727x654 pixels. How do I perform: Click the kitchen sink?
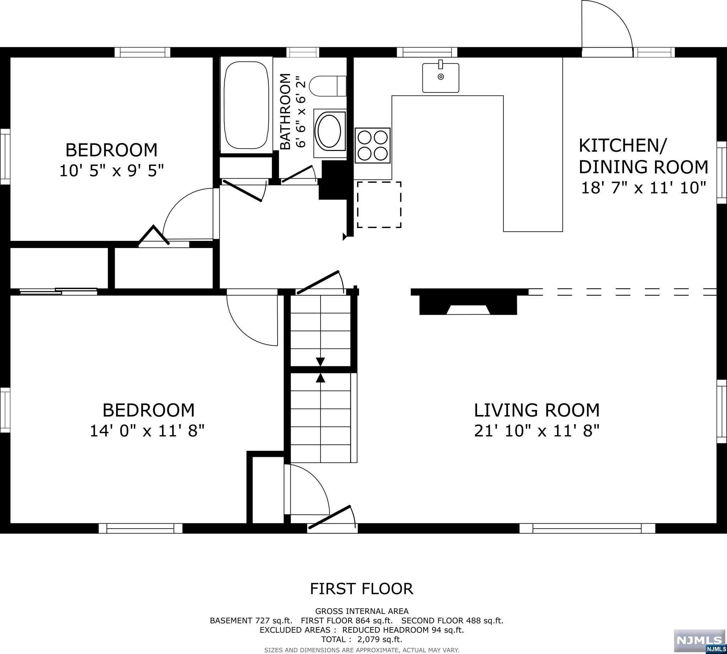pyautogui.click(x=441, y=77)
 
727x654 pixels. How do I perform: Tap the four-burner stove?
pyautogui.click(x=373, y=146)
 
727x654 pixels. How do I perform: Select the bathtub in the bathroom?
pyautogui.click(x=246, y=105)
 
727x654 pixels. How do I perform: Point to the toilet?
pyautogui.click(x=327, y=86)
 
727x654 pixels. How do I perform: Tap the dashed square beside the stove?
pyautogui.click(x=379, y=205)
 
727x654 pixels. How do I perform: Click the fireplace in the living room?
pyautogui.click(x=469, y=301)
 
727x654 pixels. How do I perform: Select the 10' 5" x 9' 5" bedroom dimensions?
pyautogui.click(x=112, y=171)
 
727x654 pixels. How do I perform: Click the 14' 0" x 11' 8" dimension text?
pyautogui.click(x=147, y=431)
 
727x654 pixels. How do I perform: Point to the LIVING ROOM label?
pyautogui.click(x=537, y=410)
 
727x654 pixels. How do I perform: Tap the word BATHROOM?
pyautogui.click(x=285, y=112)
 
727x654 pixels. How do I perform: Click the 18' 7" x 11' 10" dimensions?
pyautogui.click(x=644, y=188)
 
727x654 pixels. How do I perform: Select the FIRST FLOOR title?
pyautogui.click(x=361, y=589)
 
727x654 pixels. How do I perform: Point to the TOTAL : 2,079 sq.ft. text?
pyautogui.click(x=361, y=639)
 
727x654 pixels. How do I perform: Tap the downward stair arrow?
pyautogui.click(x=320, y=361)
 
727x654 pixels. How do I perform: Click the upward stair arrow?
pyautogui.click(x=320, y=378)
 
